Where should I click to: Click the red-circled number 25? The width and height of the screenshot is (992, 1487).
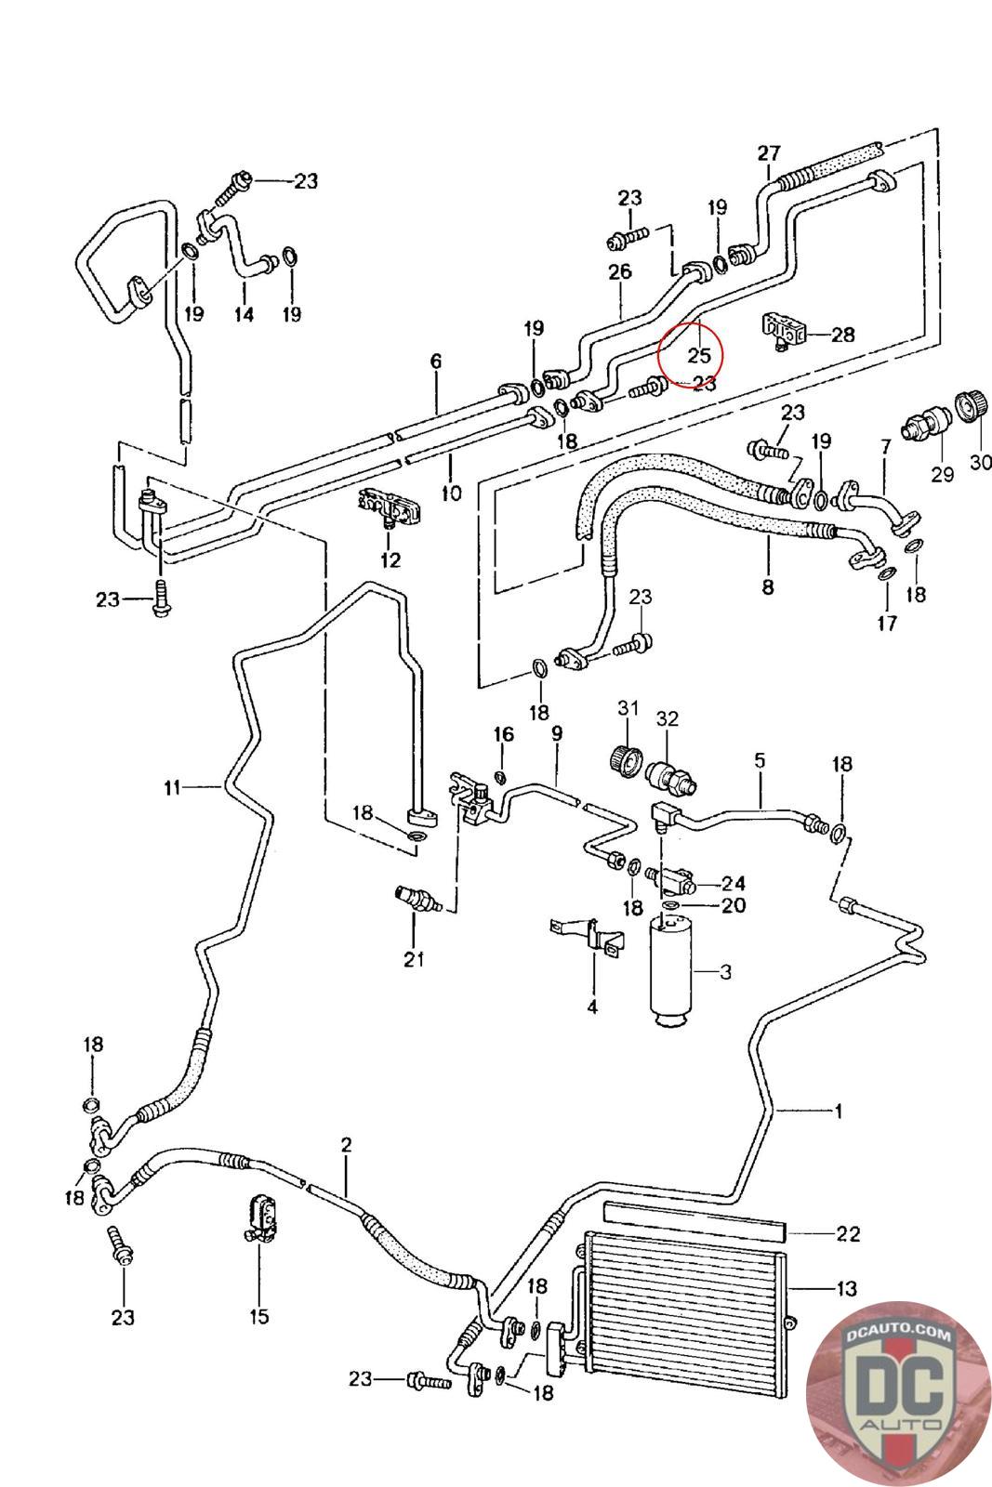click(x=698, y=355)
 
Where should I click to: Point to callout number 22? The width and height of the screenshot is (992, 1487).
click(x=847, y=1233)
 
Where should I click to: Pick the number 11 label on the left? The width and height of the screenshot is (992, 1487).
click(x=172, y=788)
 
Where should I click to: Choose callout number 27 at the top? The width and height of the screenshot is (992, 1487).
click(x=769, y=153)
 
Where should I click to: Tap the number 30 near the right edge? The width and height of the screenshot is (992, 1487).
click(x=980, y=461)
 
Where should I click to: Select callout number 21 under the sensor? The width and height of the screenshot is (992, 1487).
click(x=414, y=959)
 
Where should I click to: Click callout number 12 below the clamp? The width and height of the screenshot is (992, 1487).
click(x=390, y=559)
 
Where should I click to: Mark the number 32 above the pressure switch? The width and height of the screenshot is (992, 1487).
click(x=668, y=718)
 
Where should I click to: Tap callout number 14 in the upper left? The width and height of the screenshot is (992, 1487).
click(x=244, y=314)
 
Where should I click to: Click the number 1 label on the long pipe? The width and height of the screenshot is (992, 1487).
click(x=838, y=1111)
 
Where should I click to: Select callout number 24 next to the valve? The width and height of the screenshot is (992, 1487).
click(x=734, y=883)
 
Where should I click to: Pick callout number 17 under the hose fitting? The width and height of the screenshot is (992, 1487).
click(x=887, y=623)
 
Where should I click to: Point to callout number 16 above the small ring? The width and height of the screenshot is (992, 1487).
click(x=503, y=734)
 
